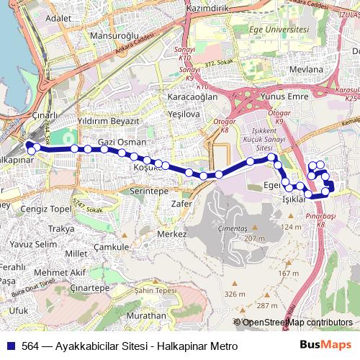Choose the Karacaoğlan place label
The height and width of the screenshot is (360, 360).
(192, 96)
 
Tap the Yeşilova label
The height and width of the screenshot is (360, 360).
(183, 114)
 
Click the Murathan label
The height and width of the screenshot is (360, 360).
(145, 315)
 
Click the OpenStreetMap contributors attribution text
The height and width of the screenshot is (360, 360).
(297, 323)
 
